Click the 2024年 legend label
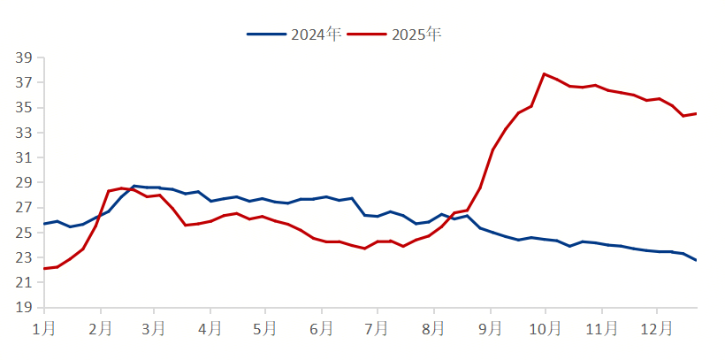(x=317, y=34)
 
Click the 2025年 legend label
(x=416, y=34)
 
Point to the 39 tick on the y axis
(x=24, y=58)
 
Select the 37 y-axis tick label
(x=24, y=83)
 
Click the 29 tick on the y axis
(x=24, y=183)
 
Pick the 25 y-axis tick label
(x=24, y=233)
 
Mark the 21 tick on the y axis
(x=24, y=283)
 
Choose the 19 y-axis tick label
(x=24, y=308)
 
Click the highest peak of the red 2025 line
(x=544, y=73)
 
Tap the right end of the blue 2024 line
(x=696, y=260)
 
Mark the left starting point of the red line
(x=44, y=268)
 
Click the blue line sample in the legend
(x=266, y=34)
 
